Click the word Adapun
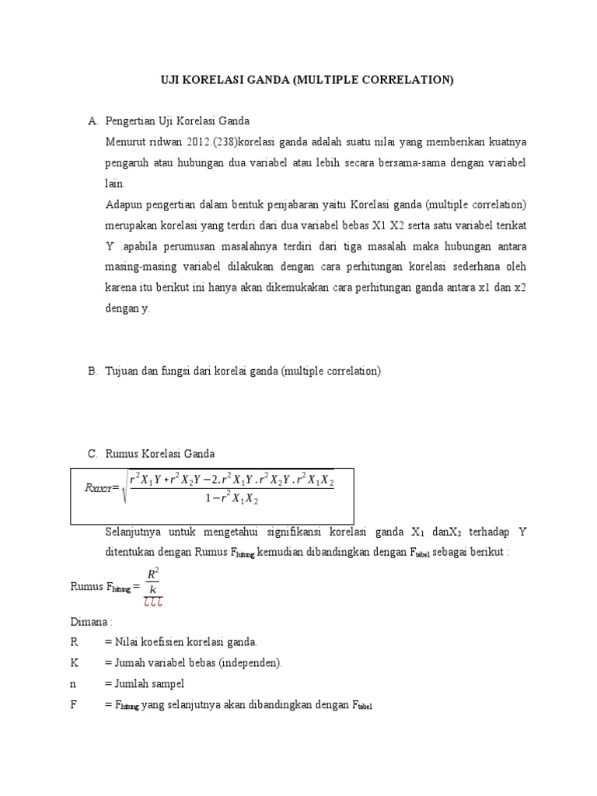click(123, 205)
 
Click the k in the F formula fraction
click(153, 590)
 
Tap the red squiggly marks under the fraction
click(153, 602)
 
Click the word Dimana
click(89, 622)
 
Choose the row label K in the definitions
click(74, 663)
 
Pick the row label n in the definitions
click(73, 684)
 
